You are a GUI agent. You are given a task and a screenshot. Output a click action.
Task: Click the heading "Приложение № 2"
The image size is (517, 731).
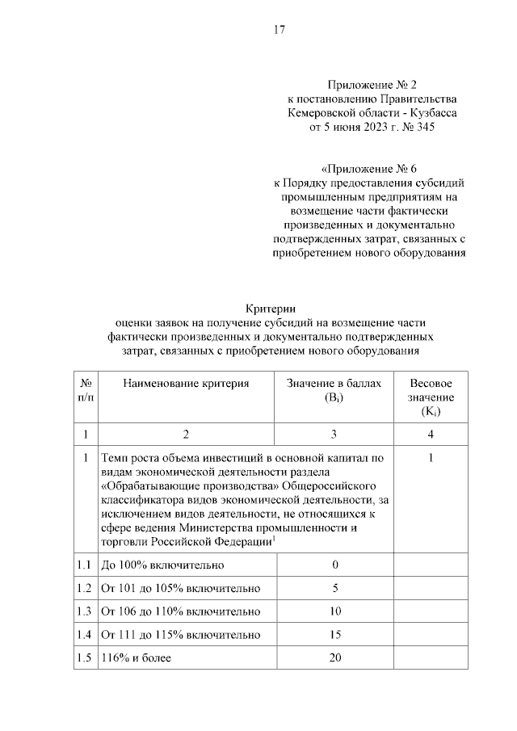368,86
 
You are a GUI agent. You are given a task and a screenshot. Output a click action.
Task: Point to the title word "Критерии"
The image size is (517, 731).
271,308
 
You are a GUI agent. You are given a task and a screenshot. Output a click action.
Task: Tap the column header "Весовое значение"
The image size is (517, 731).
431,397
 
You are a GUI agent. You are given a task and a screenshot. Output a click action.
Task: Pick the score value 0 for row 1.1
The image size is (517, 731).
334,564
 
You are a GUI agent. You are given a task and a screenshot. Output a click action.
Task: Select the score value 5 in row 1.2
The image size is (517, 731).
334,587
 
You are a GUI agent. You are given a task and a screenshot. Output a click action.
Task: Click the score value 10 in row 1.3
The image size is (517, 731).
334,611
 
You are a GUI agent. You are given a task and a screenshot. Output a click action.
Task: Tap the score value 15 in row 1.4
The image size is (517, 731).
334,635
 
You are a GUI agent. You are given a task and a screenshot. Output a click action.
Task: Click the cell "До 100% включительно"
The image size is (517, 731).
162,564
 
